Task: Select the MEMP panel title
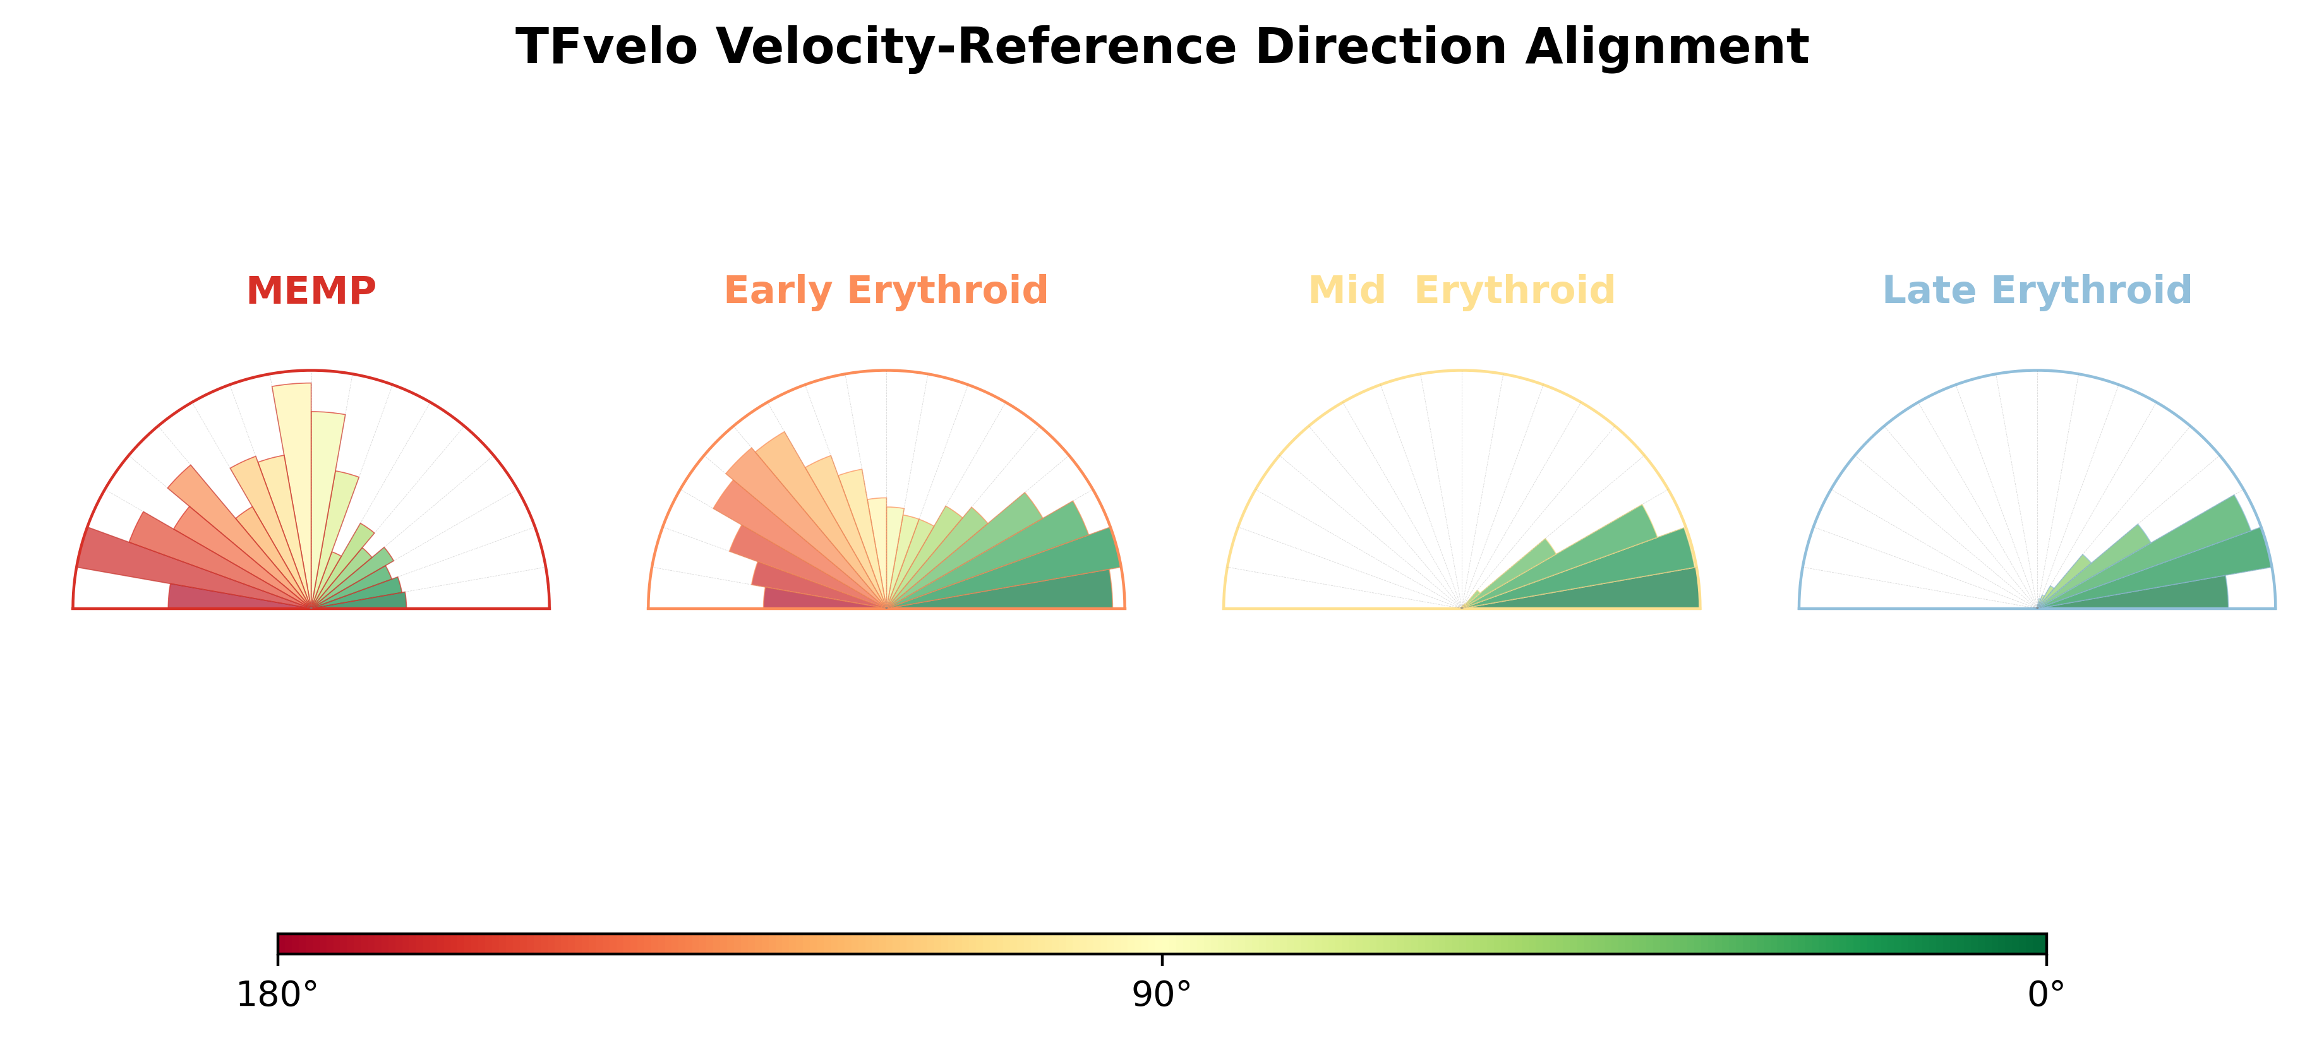click(x=311, y=290)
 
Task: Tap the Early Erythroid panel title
click(x=886, y=290)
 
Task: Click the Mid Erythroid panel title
click(x=1462, y=290)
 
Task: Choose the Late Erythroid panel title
click(x=2037, y=290)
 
